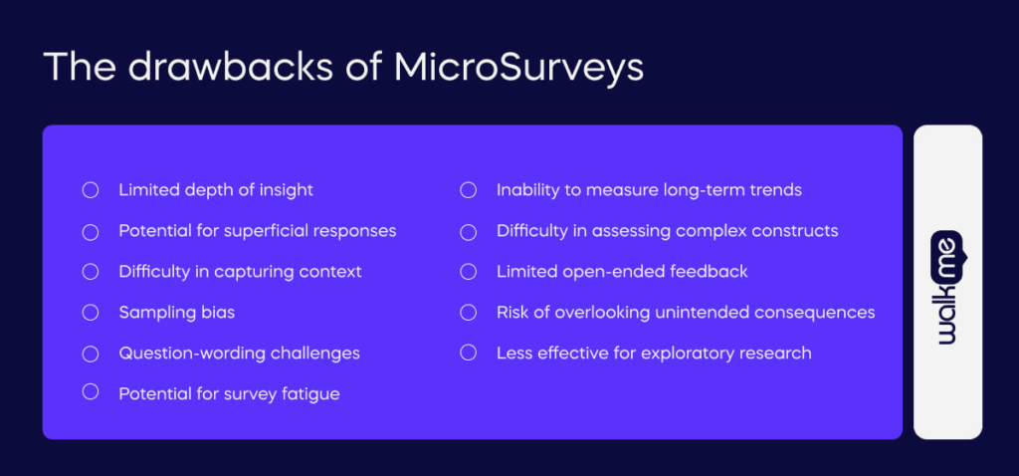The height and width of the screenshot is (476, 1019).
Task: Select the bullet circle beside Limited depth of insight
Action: [91, 189]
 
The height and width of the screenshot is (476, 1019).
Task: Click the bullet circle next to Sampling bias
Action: [91, 313]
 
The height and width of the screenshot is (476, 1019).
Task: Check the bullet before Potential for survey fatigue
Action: [91, 391]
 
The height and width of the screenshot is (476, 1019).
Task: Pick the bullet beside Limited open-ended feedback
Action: [468, 271]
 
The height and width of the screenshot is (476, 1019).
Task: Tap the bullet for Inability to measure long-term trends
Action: [468, 189]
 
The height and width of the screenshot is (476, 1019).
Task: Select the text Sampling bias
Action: [176, 313]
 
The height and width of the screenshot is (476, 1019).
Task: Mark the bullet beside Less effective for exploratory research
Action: [468, 354]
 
